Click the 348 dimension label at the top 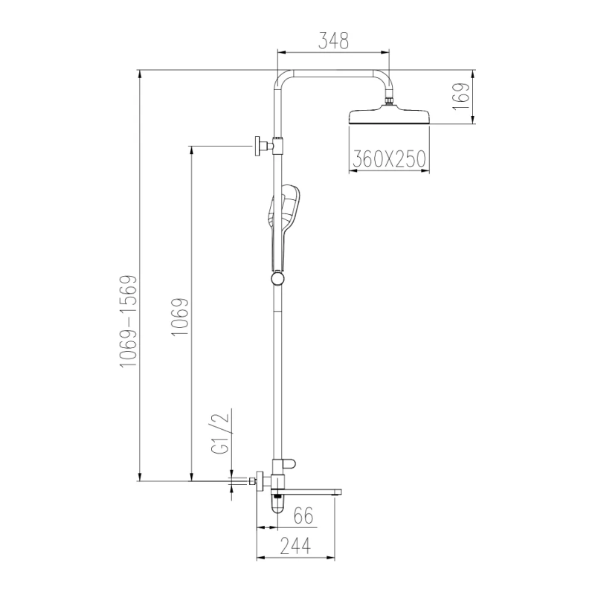[x=334, y=41]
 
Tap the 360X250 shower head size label [x=389, y=158]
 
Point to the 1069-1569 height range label [x=129, y=320]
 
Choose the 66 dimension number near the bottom [x=302, y=515]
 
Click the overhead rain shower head [x=389, y=118]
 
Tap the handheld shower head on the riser [x=283, y=216]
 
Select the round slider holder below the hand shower [x=277, y=278]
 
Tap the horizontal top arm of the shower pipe [x=334, y=74]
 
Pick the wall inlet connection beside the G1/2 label [x=253, y=483]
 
